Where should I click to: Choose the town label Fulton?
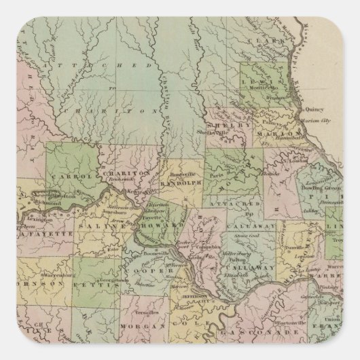238,257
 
